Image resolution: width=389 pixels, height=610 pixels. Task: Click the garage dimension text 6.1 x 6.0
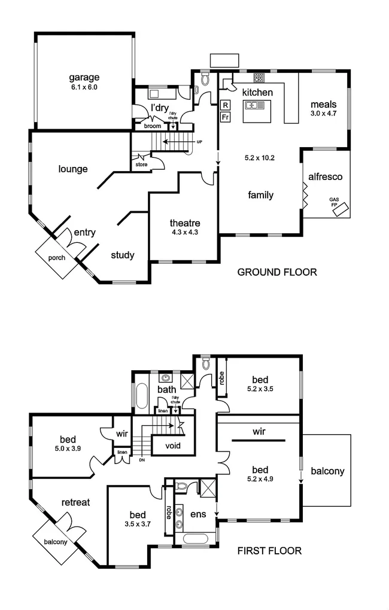click(x=84, y=87)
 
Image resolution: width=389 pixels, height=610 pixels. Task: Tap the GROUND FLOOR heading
click(x=277, y=272)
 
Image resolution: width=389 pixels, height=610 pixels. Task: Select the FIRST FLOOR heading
click(x=269, y=550)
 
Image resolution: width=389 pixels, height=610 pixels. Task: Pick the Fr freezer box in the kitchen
click(x=226, y=117)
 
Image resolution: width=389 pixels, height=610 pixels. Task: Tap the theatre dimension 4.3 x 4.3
click(x=184, y=234)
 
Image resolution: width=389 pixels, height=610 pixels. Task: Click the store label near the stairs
click(x=141, y=164)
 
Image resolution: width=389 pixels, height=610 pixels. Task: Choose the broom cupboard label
click(x=151, y=126)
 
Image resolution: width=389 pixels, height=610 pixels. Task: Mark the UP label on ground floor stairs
click(x=199, y=142)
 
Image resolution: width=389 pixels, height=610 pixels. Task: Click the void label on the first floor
click(x=172, y=446)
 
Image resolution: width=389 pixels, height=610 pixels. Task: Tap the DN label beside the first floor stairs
click(x=141, y=460)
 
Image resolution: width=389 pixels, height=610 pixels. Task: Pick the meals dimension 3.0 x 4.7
click(x=324, y=113)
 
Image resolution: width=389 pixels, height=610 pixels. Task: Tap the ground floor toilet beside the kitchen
click(x=205, y=79)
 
